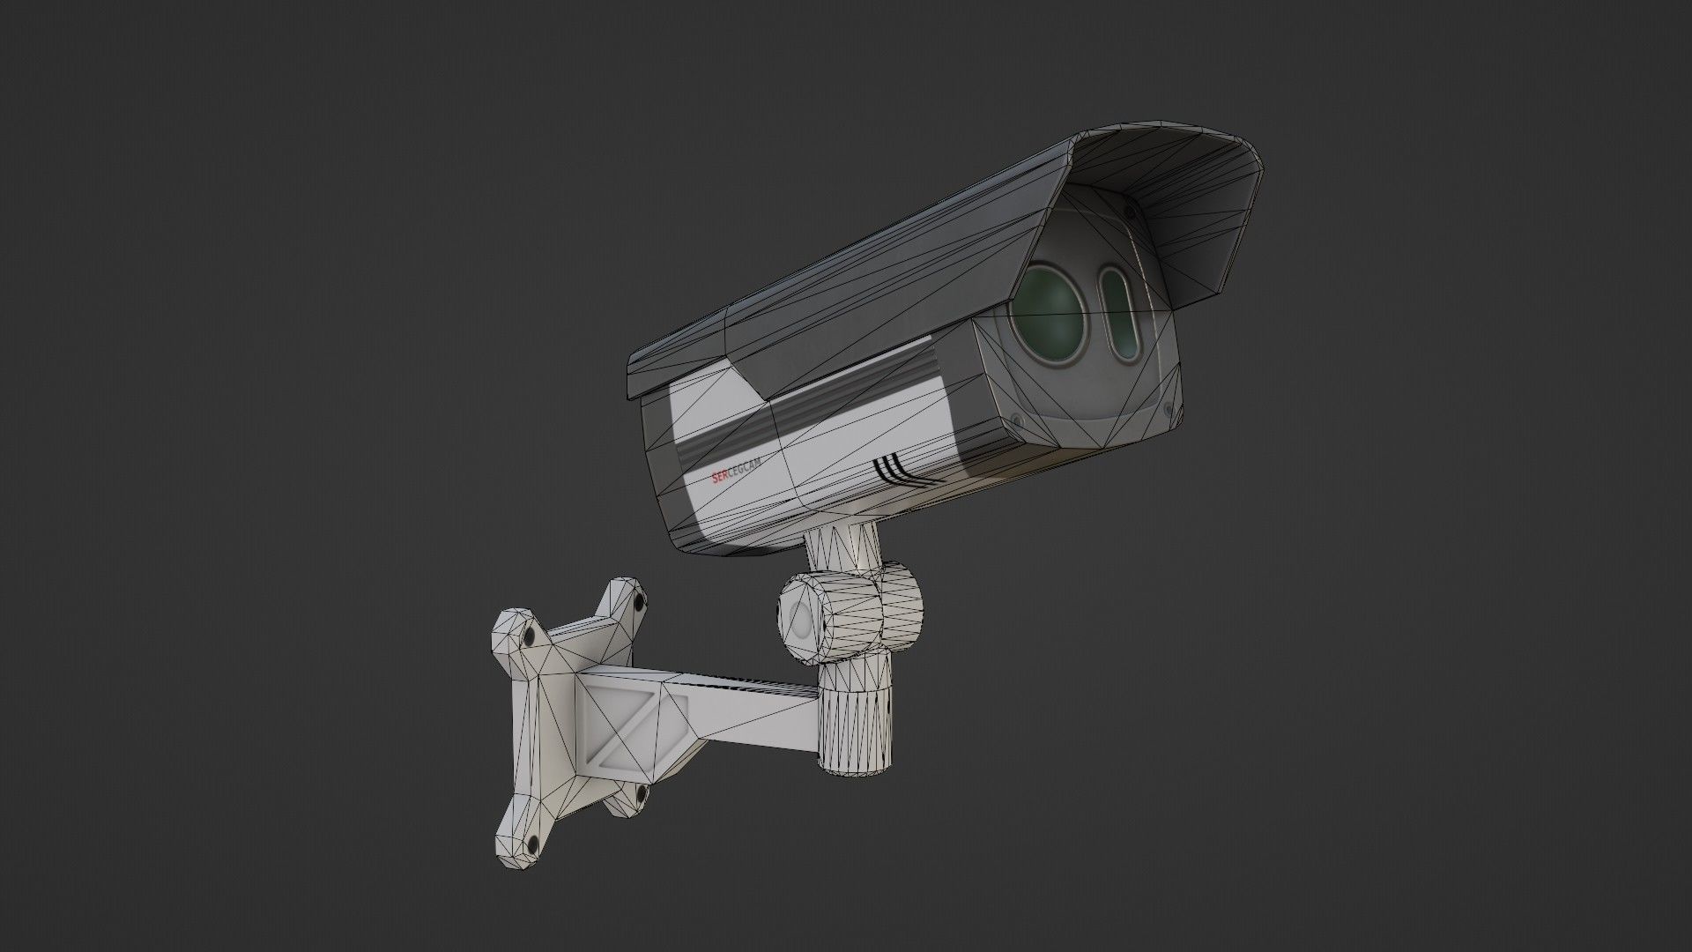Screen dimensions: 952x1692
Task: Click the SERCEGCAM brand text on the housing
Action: [737, 469]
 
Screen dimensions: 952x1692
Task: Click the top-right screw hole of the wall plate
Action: [636, 603]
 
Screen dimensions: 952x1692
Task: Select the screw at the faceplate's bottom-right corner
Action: [1168, 408]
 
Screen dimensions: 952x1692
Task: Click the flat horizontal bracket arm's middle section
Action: [749, 695]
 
